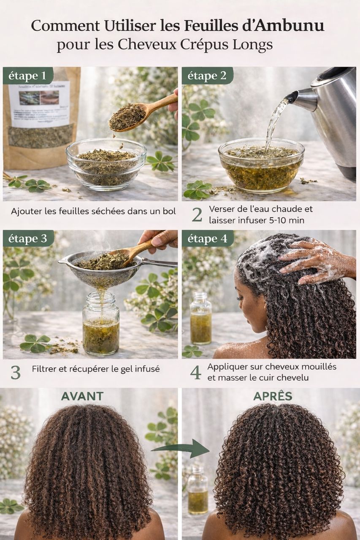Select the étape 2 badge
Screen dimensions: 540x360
click(207, 76)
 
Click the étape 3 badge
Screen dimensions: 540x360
click(28, 239)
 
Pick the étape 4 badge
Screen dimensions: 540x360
click(207, 239)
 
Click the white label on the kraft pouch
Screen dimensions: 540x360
click(39, 104)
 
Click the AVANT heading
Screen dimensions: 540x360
click(82, 396)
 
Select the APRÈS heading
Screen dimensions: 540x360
click(272, 396)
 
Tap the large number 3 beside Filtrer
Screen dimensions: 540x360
click(16, 372)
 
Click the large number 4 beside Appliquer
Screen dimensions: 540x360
click(195, 372)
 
